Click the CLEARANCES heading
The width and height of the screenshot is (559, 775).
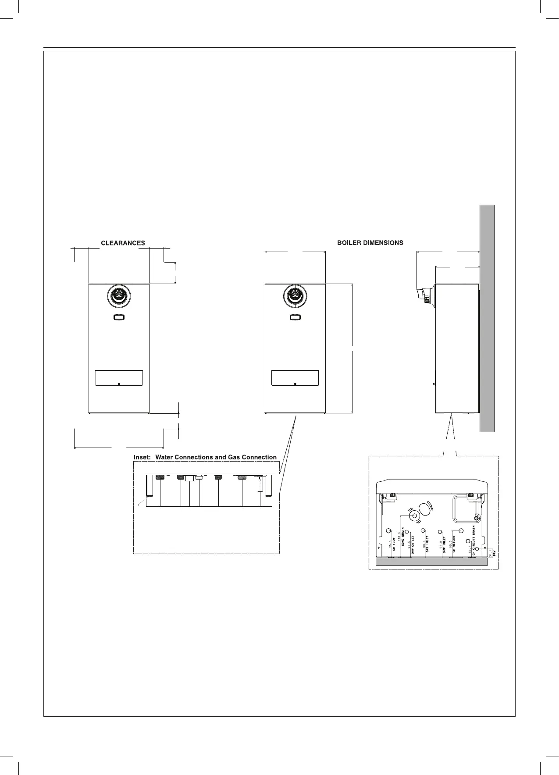123,243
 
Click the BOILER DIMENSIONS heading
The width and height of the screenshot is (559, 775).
370,243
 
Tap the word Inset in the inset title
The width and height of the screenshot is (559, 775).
142,457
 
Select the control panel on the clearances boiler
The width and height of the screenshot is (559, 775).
119,378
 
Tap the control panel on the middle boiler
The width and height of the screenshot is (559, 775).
295,378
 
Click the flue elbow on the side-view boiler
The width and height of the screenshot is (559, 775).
424,294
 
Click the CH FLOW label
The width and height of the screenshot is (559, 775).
394,544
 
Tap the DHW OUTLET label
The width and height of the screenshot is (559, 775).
413,545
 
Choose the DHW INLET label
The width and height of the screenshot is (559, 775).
444,545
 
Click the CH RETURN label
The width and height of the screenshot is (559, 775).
454,544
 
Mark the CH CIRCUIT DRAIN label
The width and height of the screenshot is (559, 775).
474,540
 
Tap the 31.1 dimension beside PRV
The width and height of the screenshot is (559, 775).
490,555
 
